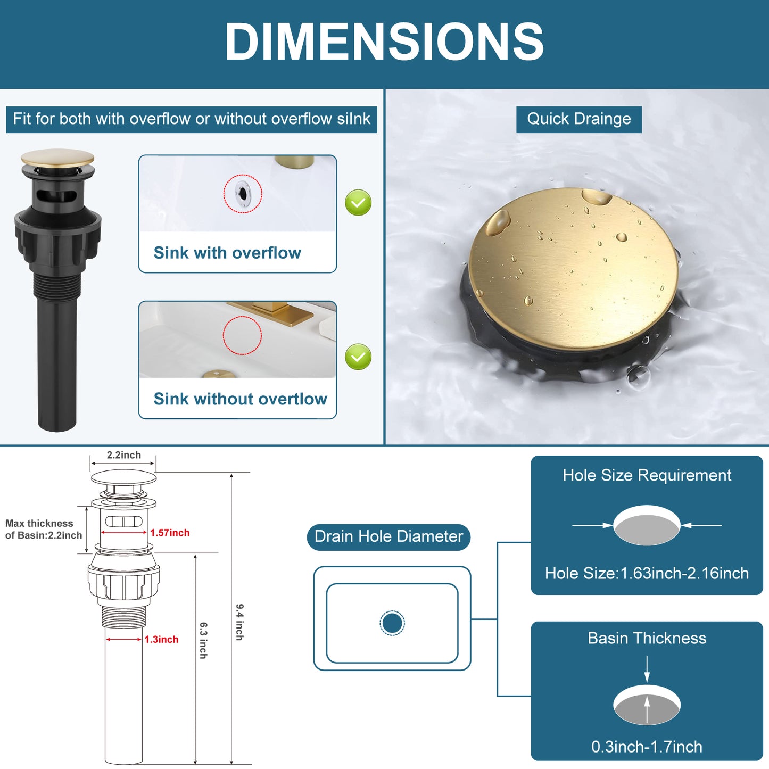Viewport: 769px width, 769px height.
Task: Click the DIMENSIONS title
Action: click(384, 42)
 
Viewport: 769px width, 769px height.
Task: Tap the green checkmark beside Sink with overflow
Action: click(358, 203)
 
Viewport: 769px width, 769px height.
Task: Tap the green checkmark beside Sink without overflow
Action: click(358, 357)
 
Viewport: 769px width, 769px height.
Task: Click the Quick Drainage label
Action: click(578, 119)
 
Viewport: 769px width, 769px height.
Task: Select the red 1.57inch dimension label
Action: click(170, 533)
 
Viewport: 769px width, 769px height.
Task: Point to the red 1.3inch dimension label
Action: click(161, 639)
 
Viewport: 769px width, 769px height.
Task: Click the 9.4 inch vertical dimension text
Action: click(239, 622)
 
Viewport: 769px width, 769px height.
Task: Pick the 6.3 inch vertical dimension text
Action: click(203, 640)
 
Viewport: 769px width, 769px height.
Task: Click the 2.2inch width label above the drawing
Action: click(123, 455)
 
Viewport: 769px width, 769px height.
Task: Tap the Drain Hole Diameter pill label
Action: click(388, 537)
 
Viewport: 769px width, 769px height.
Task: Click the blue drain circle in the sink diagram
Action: click(392, 623)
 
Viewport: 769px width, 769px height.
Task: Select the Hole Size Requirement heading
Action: click(647, 475)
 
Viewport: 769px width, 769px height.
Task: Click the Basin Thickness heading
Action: click(647, 638)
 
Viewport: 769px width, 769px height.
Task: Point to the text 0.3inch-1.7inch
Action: click(647, 747)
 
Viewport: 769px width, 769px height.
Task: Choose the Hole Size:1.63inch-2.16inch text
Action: click(647, 574)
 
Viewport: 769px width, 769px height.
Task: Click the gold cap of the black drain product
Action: click(57, 158)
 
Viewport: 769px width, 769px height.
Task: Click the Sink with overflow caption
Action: click(227, 253)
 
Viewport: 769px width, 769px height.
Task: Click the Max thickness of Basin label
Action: click(44, 529)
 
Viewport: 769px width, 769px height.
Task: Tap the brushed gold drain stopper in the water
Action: click(574, 268)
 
